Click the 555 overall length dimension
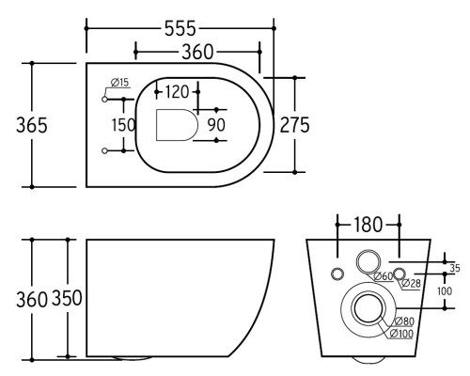coord(180,28)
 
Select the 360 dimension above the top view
coord(197,52)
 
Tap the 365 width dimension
coord(32,125)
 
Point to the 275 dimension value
coord(294,125)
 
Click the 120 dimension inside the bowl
coord(177,92)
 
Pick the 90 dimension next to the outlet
coord(216,125)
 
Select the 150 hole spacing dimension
coord(124,125)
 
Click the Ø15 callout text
coord(120,83)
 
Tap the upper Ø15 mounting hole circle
coord(104,100)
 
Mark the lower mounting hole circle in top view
coord(104,151)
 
